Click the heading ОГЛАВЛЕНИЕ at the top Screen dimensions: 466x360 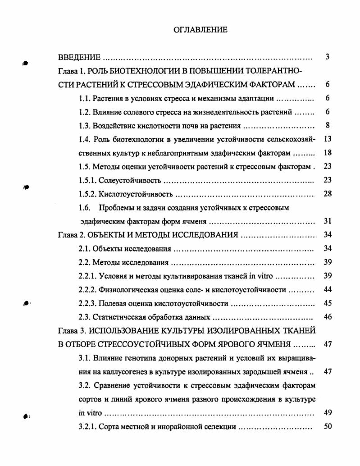(201, 30)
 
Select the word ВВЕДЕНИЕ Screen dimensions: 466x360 (79, 58)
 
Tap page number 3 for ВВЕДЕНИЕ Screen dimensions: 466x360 (328, 57)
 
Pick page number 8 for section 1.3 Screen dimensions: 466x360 (328, 125)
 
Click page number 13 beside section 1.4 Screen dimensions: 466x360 (328, 139)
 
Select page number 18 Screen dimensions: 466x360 (328, 153)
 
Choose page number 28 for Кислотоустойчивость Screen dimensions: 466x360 (328, 194)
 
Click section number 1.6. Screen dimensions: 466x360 (84, 208)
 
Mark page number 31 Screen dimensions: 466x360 (328, 221)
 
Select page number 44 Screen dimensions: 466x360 (328, 289)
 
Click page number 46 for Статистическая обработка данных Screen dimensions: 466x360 (328, 317)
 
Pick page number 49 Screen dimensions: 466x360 (328, 412)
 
